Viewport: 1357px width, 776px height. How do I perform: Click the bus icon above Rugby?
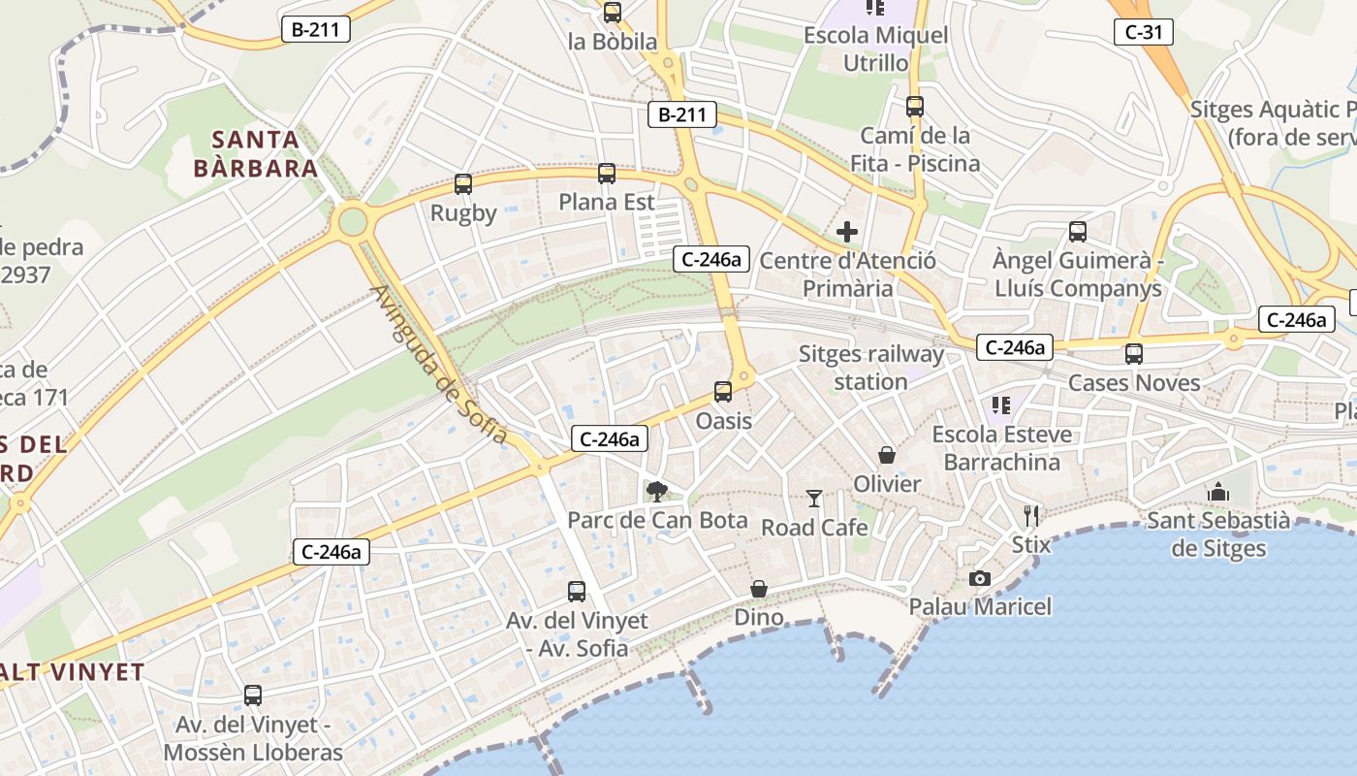(463, 183)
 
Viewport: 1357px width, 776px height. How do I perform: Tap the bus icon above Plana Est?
(607, 174)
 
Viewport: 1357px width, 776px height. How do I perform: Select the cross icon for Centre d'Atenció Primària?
(847, 232)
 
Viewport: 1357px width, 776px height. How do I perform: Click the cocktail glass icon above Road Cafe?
(814, 499)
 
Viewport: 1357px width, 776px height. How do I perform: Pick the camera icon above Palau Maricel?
(980, 578)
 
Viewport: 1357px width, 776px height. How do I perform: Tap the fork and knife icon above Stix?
(1031, 515)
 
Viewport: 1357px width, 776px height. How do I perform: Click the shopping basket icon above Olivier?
(887, 455)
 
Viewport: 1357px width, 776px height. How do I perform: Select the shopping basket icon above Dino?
(759, 589)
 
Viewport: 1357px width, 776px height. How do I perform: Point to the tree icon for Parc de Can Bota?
(657, 491)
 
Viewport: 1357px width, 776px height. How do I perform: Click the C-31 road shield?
(1144, 32)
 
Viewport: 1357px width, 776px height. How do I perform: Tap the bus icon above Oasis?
(723, 392)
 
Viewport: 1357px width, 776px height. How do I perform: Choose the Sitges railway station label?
(870, 368)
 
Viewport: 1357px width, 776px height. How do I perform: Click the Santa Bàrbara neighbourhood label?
(256, 154)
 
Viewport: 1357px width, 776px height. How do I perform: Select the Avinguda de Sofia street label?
(439, 365)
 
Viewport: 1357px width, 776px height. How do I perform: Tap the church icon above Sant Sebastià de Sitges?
(1218, 492)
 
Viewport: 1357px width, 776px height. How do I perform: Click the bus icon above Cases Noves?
(1134, 354)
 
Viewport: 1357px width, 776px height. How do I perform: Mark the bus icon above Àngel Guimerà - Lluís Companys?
(1078, 232)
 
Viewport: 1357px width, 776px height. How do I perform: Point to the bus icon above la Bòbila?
(613, 13)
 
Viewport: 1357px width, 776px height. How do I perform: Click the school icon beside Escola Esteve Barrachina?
(1001, 404)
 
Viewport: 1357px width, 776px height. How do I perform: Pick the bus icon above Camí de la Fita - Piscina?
(915, 107)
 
